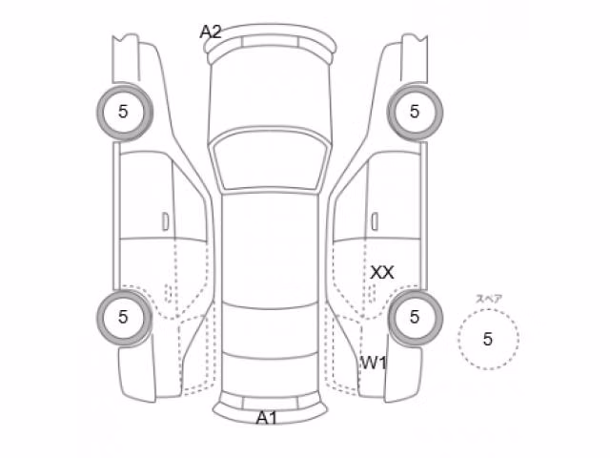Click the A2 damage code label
(x=211, y=31)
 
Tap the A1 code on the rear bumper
(x=267, y=418)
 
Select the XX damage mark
(x=382, y=272)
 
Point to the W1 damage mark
(x=374, y=363)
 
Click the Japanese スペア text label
(x=489, y=299)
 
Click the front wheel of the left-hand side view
(x=124, y=112)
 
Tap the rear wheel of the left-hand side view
(x=124, y=318)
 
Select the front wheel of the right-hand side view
(x=415, y=112)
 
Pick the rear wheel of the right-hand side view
(x=415, y=318)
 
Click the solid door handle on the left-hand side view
(x=165, y=221)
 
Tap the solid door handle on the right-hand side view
(x=375, y=221)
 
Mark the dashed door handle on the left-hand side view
(x=168, y=293)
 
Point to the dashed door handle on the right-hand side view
(x=372, y=293)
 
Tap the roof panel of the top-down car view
(x=271, y=249)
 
